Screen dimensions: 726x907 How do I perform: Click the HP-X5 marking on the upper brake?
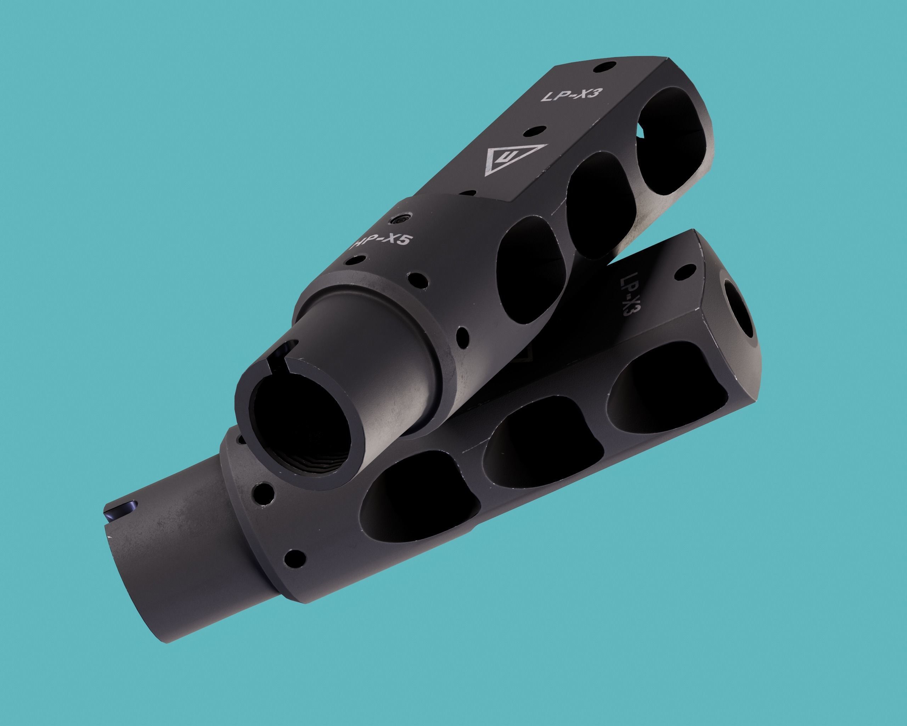[x=382, y=244]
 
